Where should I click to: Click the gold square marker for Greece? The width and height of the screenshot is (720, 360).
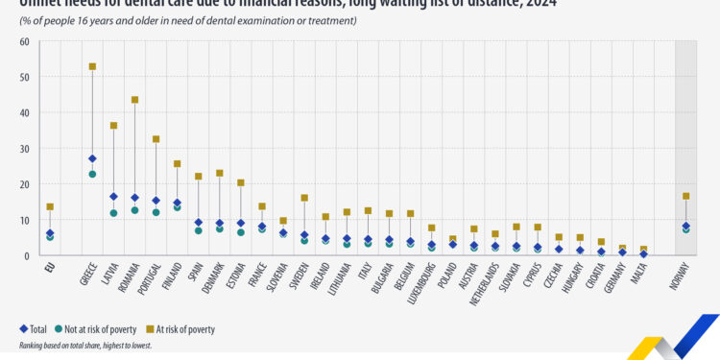click(x=92, y=66)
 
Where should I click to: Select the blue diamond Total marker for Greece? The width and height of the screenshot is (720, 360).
click(x=92, y=158)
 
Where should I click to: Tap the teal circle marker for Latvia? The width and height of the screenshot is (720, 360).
click(x=113, y=213)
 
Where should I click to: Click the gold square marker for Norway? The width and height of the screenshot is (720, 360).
click(x=685, y=196)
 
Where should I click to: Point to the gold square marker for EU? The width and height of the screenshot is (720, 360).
click(x=50, y=206)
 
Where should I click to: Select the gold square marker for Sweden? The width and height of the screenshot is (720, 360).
click(x=304, y=198)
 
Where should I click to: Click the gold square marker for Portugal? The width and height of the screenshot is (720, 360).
click(x=156, y=139)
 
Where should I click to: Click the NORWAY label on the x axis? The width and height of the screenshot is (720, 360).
click(x=683, y=277)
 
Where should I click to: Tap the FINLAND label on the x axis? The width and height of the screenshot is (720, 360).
click(x=174, y=276)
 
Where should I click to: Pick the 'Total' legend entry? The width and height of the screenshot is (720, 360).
click(x=35, y=329)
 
